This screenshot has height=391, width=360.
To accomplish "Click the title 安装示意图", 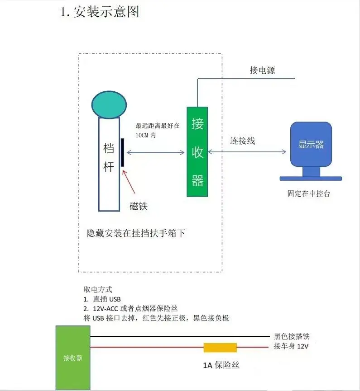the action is coord(106,12).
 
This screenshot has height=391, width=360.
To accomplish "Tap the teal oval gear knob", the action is coord(109,105).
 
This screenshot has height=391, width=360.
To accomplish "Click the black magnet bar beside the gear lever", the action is coord(122,152).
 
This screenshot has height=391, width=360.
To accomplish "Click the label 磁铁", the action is coord(139,206).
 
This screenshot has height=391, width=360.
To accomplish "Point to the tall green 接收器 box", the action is coord(197,151).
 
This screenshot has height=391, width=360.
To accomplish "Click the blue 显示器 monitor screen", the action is coord(311,144).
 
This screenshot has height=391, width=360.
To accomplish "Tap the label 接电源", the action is coord(262,70).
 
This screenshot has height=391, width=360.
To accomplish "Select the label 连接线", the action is coord(243,141).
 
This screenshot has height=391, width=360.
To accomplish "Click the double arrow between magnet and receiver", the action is coord(155,152).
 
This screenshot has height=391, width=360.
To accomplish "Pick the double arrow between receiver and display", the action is coord(247,151).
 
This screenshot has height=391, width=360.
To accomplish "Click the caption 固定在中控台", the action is coord(309,193).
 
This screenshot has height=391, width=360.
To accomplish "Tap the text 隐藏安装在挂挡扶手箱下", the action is coord(136,233).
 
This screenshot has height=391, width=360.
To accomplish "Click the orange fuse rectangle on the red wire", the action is coord(220,348).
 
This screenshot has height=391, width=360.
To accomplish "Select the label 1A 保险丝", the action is coord(221,365).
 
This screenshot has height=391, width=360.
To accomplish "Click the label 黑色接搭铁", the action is coord(292,336).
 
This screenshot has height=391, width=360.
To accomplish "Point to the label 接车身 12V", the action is coord(291,346).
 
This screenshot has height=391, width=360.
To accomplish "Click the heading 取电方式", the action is coord(98,289).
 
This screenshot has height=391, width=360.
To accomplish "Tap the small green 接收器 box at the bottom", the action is coord(73,358).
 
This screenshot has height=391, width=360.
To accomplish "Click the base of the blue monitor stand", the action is coord(311,178).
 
